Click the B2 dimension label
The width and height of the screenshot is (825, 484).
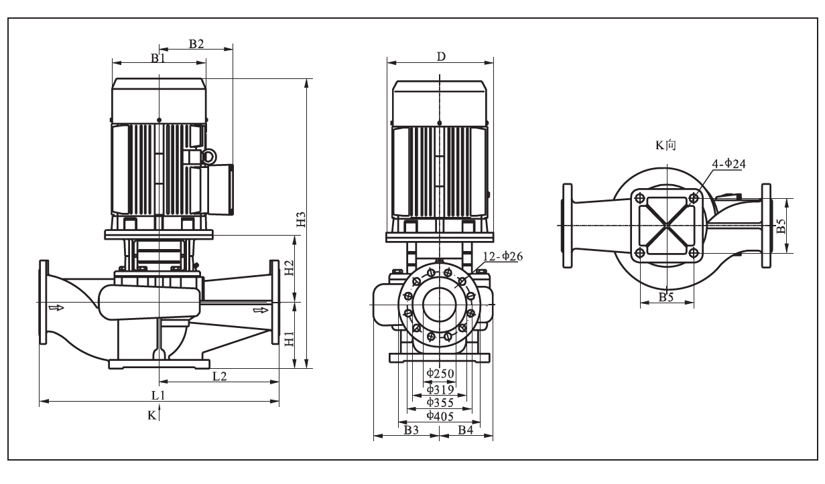[196, 44]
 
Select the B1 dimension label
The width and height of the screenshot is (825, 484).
[158, 58]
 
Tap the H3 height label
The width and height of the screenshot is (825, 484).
[302, 219]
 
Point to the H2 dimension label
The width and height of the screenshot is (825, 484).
[290, 268]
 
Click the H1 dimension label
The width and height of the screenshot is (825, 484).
[290, 339]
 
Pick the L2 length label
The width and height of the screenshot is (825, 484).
[220, 376]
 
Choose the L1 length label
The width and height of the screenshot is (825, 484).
[158, 396]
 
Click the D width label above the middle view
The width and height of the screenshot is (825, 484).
[441, 57]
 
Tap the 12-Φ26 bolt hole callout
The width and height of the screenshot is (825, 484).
[503, 256]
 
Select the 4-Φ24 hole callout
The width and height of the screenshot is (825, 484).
[729, 163]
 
